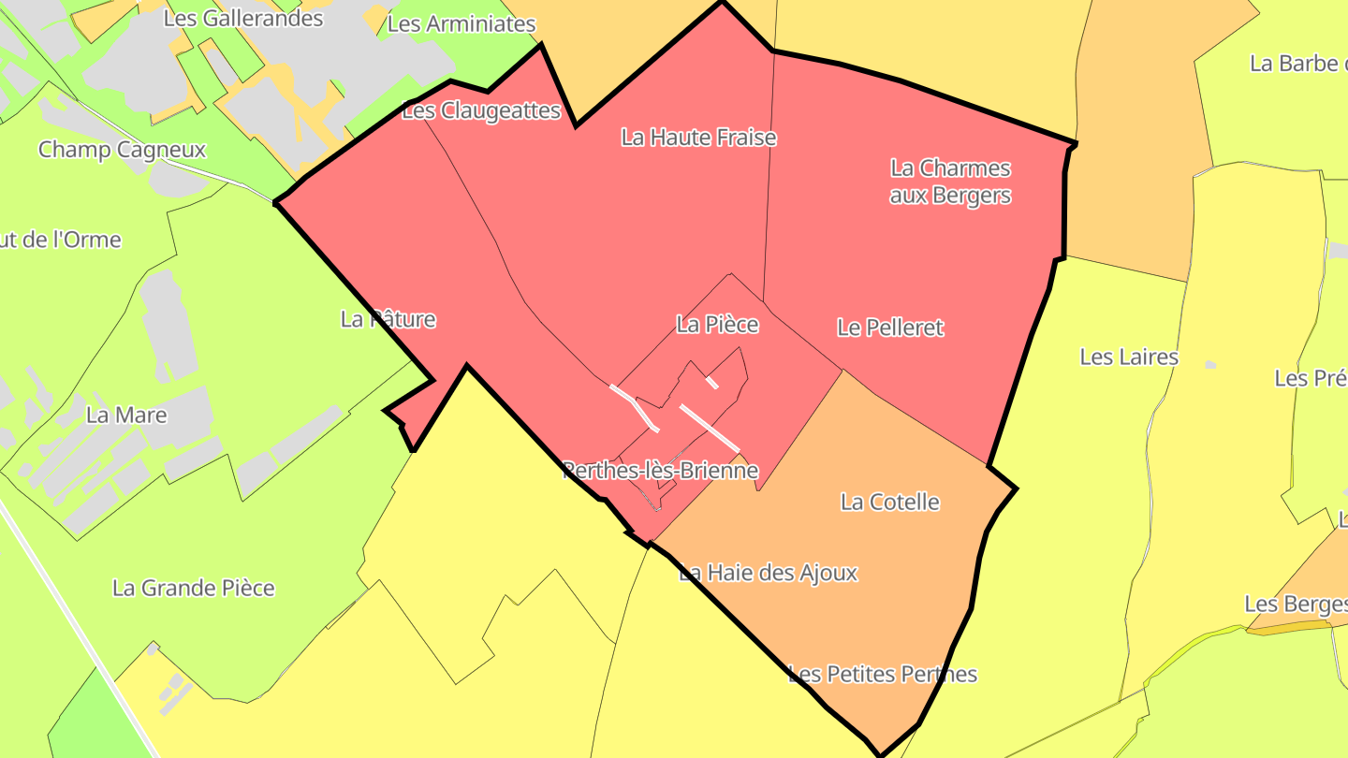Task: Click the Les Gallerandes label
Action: [242, 18]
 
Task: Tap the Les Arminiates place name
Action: [461, 24]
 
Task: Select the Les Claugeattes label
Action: [480, 111]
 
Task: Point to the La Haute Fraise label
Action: [698, 138]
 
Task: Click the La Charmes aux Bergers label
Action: [950, 182]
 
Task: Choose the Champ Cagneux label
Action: [122, 150]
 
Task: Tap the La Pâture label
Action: [388, 319]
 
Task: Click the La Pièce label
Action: [717, 325]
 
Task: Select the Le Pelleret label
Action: [889, 328]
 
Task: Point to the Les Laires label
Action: [1128, 357]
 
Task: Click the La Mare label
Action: [126, 415]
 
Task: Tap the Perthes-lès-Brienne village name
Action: [660, 470]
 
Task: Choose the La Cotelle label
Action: [889, 502]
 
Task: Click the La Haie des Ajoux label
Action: [768, 572]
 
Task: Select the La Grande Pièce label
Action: [194, 588]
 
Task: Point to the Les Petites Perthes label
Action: [882, 674]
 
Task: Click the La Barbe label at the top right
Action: [1297, 64]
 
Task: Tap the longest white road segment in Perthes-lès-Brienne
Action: [709, 427]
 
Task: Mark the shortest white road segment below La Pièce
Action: [712, 382]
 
